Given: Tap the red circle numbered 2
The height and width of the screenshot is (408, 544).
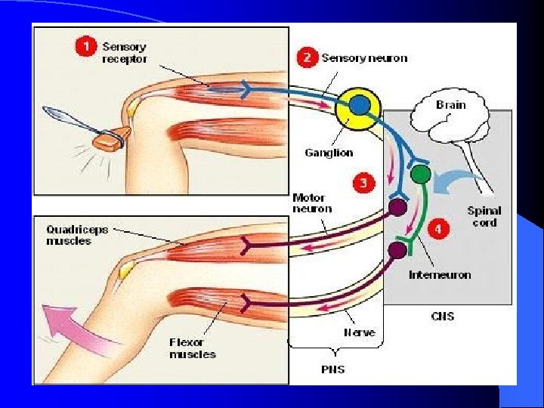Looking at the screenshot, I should (x=307, y=57).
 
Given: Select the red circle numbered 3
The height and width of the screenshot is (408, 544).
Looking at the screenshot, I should (x=363, y=183).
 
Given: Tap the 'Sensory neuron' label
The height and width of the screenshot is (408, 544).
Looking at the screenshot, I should (x=364, y=57).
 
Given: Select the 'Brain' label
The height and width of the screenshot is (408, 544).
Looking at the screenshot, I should (x=450, y=104).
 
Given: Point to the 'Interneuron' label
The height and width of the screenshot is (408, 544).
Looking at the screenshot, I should (x=440, y=274).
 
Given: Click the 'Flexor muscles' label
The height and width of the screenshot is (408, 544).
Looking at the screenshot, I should (x=192, y=348).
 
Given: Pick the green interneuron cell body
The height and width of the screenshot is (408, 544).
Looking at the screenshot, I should (x=421, y=175).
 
